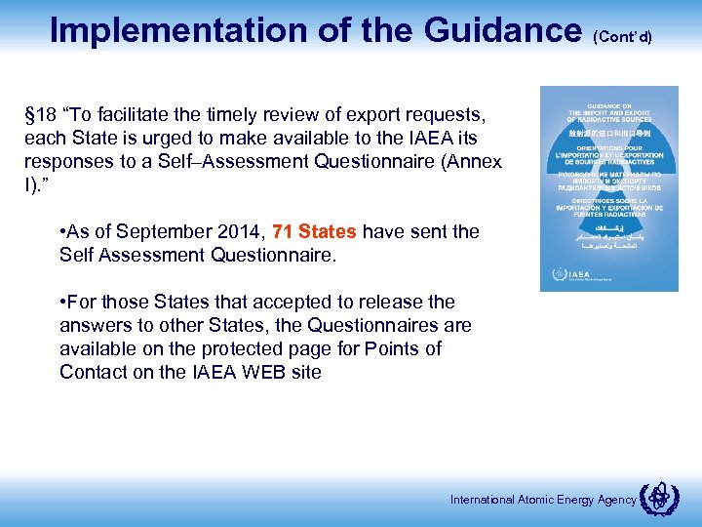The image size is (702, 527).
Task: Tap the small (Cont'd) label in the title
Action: [x=622, y=36]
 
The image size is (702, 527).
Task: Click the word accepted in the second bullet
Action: [x=283, y=303]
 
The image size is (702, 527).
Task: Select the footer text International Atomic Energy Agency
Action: [x=542, y=500]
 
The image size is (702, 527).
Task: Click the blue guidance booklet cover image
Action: [x=608, y=188]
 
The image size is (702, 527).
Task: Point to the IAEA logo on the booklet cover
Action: [x=569, y=275]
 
